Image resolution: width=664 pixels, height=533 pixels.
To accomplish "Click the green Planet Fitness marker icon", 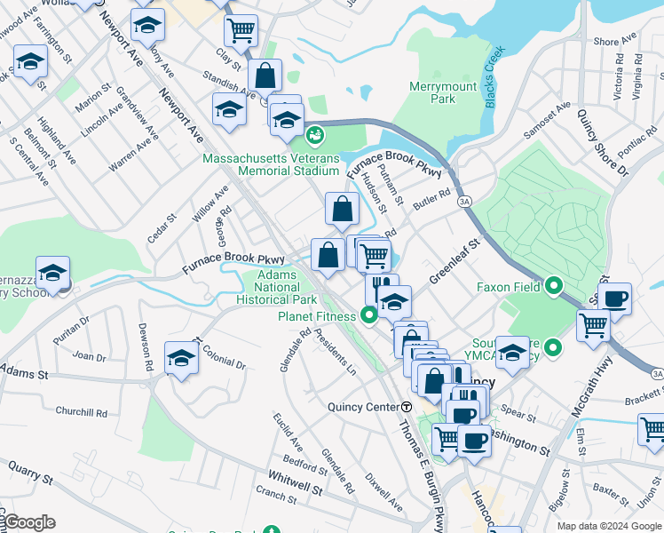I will pos(367,315).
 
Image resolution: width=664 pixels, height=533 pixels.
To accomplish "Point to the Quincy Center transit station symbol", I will pos(406,407).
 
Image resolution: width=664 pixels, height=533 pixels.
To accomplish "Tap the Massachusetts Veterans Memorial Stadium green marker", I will pos(313,136).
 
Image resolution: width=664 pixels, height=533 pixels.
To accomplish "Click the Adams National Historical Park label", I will pos(278,288).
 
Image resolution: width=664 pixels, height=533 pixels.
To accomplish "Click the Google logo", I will pos(28,522).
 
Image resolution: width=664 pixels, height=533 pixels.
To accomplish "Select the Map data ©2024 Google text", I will pos(609,526).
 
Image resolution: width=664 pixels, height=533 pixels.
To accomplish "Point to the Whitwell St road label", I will pos(296,488).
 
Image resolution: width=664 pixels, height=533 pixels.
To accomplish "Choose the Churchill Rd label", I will pos(81,412).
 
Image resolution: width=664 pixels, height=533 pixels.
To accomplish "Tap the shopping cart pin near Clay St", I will pos(241,32).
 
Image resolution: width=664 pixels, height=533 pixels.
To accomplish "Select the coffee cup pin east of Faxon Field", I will pos(614,298).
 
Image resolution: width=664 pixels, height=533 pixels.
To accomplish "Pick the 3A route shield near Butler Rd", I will pos(464,202).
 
